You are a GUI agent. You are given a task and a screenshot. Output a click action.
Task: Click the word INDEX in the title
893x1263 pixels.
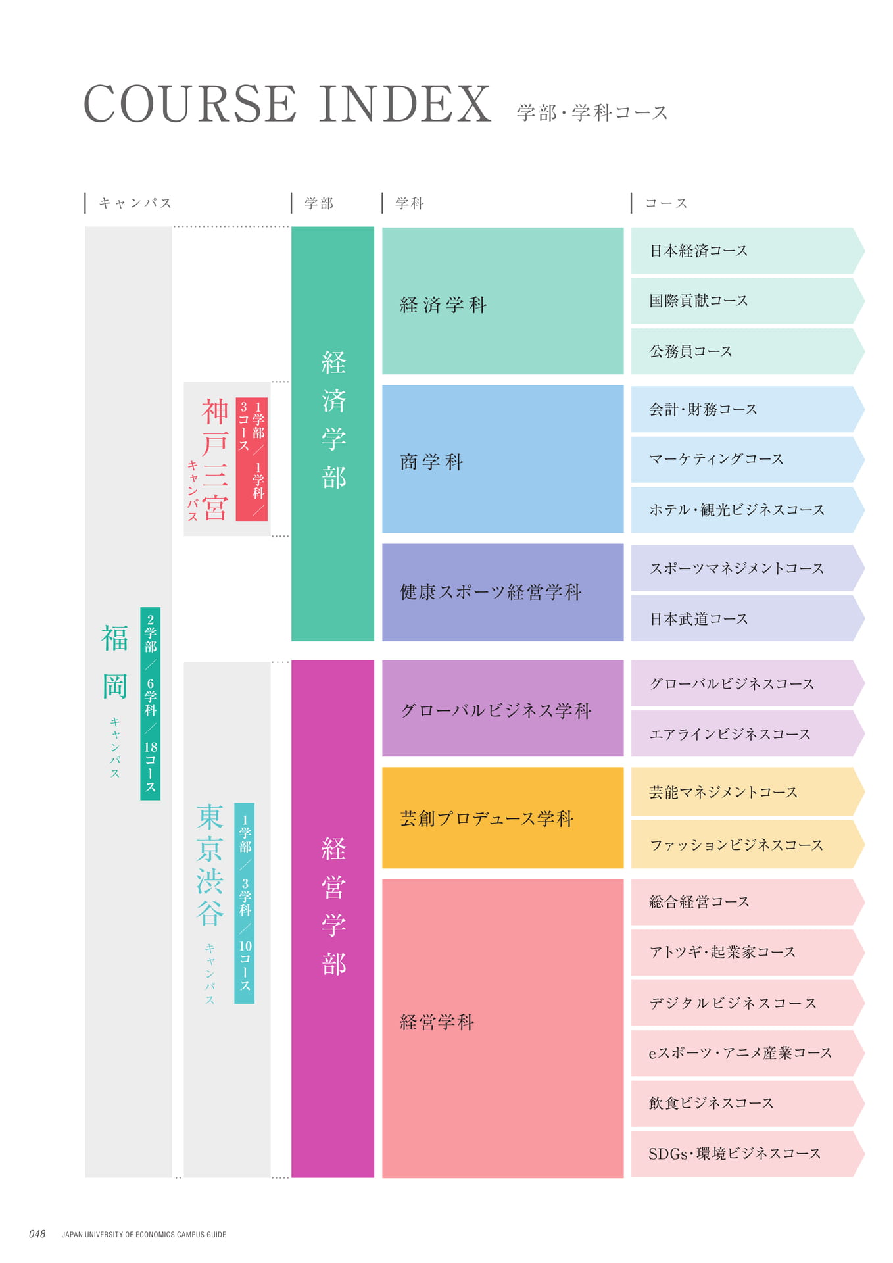406,104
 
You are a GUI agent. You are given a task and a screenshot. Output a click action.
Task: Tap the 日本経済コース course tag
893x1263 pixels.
748,251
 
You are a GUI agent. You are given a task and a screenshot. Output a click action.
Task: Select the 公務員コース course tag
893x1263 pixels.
748,351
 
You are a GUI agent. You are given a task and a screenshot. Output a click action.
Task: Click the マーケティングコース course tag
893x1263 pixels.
748,459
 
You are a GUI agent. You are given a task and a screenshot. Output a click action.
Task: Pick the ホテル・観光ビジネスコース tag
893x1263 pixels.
748,510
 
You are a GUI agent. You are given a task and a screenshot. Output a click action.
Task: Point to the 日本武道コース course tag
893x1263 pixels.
748,618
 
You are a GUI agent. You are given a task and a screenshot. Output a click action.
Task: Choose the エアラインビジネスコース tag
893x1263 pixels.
748,733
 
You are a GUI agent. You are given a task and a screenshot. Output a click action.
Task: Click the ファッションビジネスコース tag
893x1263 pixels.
748,844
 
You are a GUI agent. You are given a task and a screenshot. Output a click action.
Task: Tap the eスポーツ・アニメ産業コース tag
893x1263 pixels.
748,1053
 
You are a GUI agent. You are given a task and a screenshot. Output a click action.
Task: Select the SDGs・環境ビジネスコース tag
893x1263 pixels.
748,1154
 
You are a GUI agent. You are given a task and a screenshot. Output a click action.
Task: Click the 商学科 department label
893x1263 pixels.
431,462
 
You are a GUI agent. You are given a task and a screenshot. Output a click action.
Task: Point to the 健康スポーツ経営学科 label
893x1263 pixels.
491,592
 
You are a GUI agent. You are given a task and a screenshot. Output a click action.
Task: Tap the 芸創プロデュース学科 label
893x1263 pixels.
487,818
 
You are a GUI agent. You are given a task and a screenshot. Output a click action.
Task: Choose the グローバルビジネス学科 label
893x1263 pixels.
496,710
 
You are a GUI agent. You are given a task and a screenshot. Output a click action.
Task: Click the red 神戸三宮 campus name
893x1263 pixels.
215,459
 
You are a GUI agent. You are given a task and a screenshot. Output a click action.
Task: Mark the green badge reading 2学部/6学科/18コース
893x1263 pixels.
150,703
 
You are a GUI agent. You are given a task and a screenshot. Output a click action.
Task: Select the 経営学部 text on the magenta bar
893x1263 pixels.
333,906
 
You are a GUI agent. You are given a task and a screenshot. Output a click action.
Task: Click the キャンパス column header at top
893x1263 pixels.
135,203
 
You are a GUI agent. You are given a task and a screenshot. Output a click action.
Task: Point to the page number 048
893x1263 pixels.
37,1234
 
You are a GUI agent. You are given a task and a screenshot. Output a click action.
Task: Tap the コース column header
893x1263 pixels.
666,203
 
